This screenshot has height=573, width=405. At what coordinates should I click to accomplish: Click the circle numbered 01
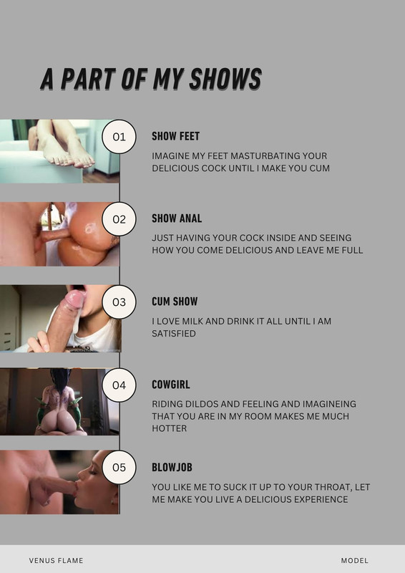[119, 137]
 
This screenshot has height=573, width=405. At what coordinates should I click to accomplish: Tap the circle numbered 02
[119, 219]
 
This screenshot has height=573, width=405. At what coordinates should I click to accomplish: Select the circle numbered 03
[119, 302]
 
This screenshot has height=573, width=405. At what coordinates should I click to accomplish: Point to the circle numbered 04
[119, 385]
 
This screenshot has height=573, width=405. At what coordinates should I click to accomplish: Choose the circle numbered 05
[119, 468]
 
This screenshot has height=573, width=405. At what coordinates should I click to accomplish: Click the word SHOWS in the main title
[225, 79]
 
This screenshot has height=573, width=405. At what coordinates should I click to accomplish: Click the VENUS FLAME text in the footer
[57, 561]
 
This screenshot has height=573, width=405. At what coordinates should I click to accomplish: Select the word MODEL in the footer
[355, 561]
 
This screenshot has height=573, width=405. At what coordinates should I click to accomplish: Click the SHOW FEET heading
[175, 136]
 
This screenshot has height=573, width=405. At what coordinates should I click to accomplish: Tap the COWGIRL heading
[171, 385]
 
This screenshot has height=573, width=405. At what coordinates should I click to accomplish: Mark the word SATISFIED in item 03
[174, 334]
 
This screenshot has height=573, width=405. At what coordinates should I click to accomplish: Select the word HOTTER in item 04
[169, 428]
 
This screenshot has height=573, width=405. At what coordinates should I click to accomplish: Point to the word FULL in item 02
[353, 250]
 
